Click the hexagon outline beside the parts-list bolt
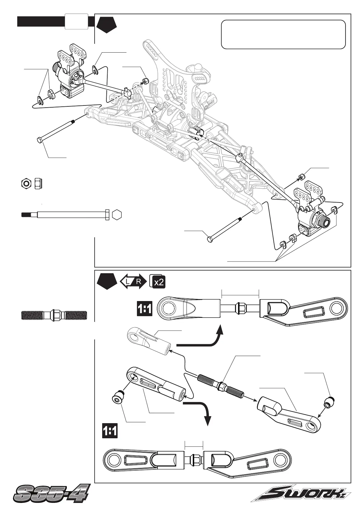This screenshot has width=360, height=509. pos(117,215)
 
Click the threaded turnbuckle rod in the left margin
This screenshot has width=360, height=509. pos(54,315)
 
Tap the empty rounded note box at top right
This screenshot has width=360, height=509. pos(283,34)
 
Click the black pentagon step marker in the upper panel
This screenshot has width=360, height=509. pos(107,25)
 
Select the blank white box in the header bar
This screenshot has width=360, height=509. pos(76,21)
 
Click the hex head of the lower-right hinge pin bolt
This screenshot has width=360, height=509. pos(209,239)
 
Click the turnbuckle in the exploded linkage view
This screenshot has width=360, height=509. pos(221,385)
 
